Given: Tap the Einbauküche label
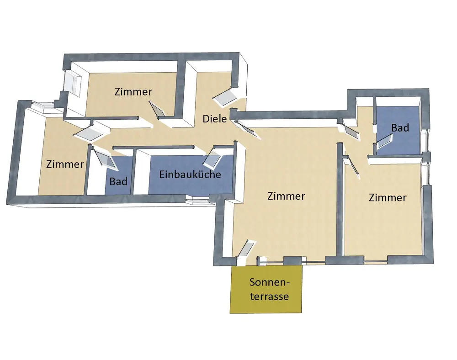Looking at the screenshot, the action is pyautogui.click(x=190, y=174).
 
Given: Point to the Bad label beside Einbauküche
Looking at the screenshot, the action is pyautogui.click(x=118, y=181).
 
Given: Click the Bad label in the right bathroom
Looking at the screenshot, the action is pyautogui.click(x=400, y=128).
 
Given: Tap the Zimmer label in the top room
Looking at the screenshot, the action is pyautogui.click(x=133, y=91).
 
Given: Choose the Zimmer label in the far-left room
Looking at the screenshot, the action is pyautogui.click(x=65, y=164).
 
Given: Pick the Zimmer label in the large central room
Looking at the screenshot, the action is pyautogui.click(x=286, y=196).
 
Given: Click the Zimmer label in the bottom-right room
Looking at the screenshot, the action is pyautogui.click(x=388, y=197).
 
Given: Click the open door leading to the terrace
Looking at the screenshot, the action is pyautogui.click(x=245, y=249).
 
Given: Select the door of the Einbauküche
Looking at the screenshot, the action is pyautogui.click(x=212, y=157).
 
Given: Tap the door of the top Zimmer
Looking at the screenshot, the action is pyautogui.click(x=158, y=110).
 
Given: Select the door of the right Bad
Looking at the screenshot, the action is pyautogui.click(x=380, y=138).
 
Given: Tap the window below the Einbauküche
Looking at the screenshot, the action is pyautogui.click(x=197, y=198).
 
